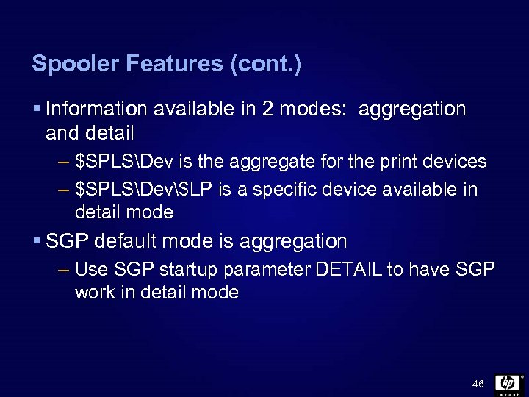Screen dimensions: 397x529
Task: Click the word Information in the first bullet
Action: point(94,110)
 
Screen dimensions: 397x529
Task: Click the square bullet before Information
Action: point(37,110)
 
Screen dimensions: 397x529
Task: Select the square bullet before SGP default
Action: point(37,241)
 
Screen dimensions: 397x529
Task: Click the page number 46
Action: point(478,384)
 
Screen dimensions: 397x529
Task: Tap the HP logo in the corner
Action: point(508,384)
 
